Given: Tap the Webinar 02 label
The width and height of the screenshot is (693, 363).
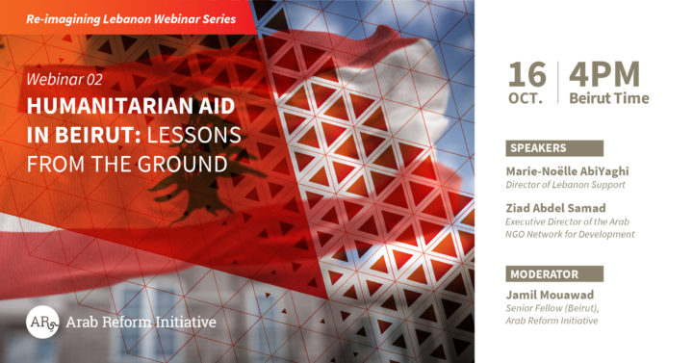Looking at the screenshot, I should [64, 79].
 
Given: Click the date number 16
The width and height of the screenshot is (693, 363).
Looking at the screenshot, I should [527, 74].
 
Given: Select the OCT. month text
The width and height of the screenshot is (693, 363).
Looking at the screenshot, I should [527, 97].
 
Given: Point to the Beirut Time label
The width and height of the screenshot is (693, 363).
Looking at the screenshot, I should [608, 97].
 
